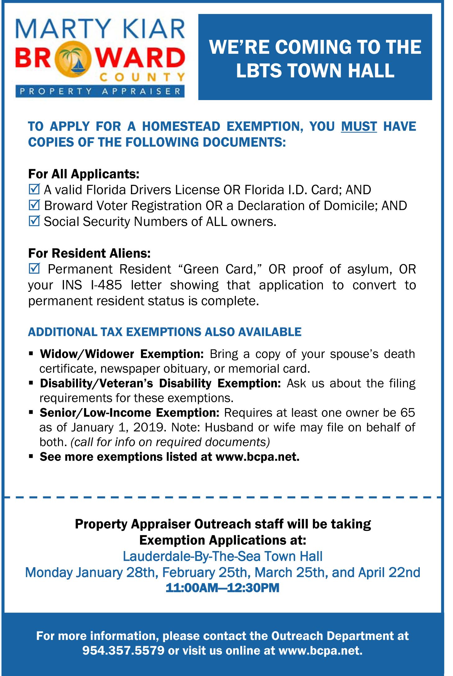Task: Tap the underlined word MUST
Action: coord(359,126)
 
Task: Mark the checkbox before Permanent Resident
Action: coord(34,268)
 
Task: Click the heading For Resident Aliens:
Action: coord(89,253)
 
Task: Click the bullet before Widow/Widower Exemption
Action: coord(31,353)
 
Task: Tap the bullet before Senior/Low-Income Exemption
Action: coord(31,412)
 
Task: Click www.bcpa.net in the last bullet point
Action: coord(257,457)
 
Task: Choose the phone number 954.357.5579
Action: coord(123,650)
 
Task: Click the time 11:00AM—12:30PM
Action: coord(222,588)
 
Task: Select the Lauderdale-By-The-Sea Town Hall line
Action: coord(222,556)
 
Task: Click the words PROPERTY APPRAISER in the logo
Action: coord(100,91)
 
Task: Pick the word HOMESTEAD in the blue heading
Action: coord(181,126)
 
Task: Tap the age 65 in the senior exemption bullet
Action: coord(407,412)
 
